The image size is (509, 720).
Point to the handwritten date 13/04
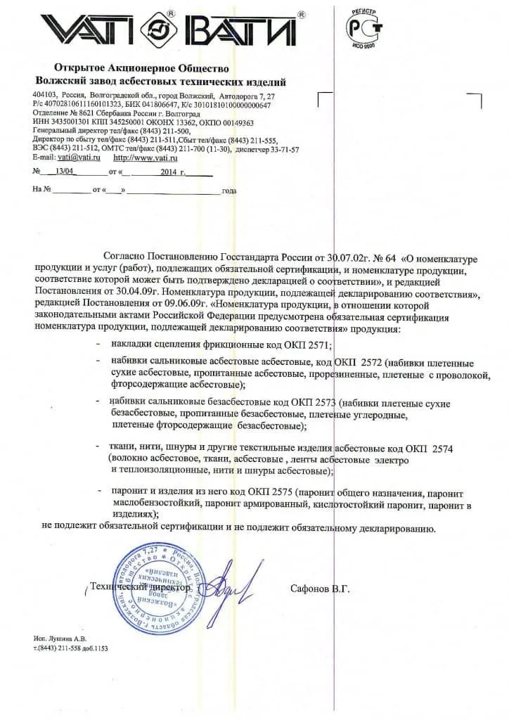[x=63, y=172]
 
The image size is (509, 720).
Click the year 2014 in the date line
[x=169, y=172]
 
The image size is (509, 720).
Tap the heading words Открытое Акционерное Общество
[x=141, y=68]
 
